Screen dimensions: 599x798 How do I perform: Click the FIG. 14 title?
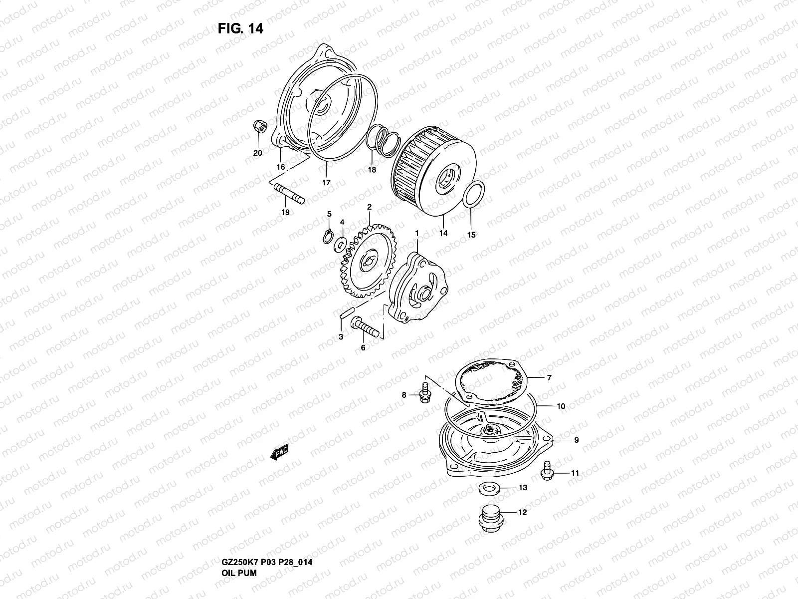[x=240, y=29]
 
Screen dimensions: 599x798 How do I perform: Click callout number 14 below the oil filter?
[x=443, y=233]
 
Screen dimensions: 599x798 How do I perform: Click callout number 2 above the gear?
[x=369, y=207]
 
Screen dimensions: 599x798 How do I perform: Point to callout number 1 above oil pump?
[x=417, y=233]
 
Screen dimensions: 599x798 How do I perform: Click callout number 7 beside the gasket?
[x=549, y=378]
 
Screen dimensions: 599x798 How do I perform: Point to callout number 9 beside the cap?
[x=576, y=440]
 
